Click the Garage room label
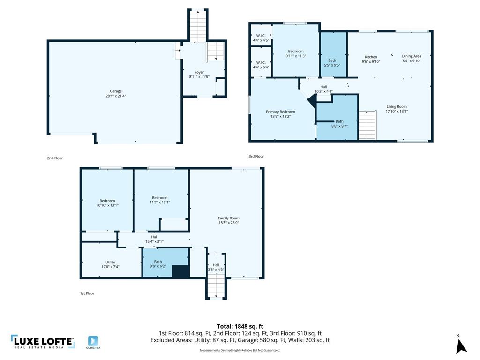pos(116,91)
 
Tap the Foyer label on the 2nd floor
pos(199,72)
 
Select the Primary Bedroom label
pos(280,112)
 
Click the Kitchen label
pos(371,57)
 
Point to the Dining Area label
pos(412,56)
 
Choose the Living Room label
pos(397,107)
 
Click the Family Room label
pos(229,218)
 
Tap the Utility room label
pos(110,262)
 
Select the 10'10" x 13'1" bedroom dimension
pos(107,205)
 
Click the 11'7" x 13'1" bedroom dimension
pos(160,202)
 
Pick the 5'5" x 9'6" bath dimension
pos(332,65)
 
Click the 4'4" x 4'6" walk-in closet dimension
pos(261,40)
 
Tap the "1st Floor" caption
pos(87,293)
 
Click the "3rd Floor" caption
pos(256,156)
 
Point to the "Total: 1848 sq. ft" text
pos(240,326)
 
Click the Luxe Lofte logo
pos(43,342)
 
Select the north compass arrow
pos(461,346)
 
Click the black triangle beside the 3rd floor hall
pos(312,100)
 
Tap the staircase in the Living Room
pos(367,125)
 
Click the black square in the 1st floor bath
pos(181,271)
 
